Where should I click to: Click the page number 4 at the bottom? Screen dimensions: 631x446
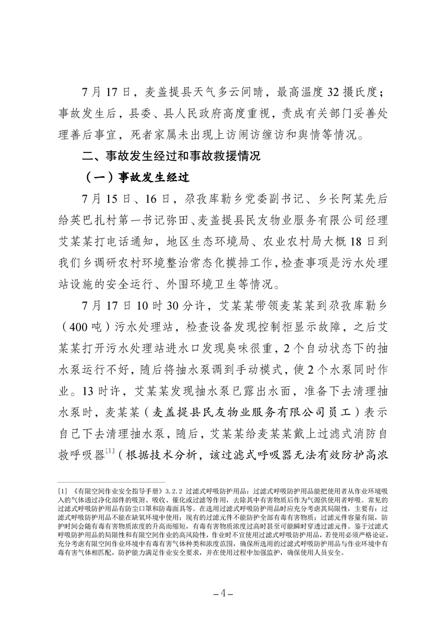223,593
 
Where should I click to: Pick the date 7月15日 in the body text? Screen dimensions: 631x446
101,200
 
